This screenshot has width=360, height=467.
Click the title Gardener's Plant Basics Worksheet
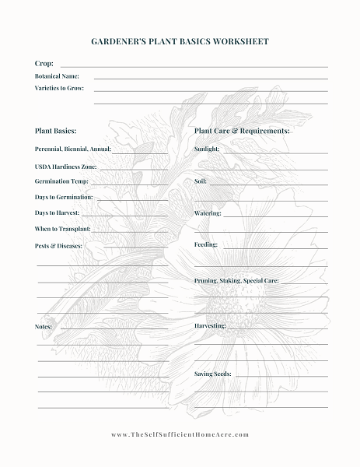(180, 41)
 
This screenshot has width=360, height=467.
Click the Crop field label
(44, 63)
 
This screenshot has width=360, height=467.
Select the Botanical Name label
(57, 76)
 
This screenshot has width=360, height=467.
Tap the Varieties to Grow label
(59, 89)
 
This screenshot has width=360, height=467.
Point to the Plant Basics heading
(55, 131)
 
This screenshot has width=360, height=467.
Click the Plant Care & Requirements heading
(242, 131)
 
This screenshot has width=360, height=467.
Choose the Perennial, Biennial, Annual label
(73, 149)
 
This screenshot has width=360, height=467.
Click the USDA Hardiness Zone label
(66, 167)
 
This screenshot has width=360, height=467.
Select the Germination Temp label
(61, 181)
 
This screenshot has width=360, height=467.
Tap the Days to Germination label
(64, 197)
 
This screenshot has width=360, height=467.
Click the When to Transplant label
(63, 229)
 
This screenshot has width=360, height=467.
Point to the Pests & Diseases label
(58, 246)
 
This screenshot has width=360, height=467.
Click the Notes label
(44, 327)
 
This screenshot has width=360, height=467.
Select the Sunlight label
(207, 149)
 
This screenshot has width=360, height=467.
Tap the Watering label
(208, 212)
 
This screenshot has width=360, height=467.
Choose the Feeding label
(206, 244)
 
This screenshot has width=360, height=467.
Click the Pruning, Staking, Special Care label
(236, 280)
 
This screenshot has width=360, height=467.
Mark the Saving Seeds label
(213, 374)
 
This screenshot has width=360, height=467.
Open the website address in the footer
(180, 434)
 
